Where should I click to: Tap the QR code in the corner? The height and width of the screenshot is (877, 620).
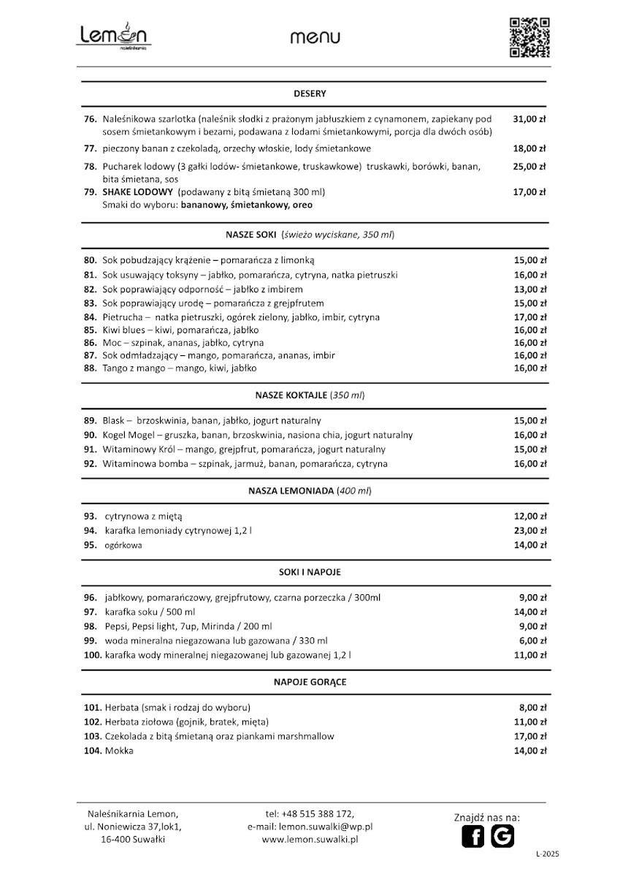(529, 37)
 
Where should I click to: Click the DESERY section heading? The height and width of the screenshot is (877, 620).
(310, 94)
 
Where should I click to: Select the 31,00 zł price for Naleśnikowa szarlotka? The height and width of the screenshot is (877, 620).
(529, 118)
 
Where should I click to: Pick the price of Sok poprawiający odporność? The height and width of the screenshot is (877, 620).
(529, 289)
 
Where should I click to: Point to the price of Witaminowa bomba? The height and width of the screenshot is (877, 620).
(529, 463)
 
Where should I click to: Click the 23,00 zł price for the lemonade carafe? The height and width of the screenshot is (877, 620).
(529, 531)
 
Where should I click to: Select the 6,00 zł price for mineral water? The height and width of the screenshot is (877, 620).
(532, 641)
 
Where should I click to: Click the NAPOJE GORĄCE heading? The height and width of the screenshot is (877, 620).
(310, 682)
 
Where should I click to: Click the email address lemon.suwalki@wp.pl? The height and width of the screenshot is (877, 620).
(326, 827)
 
